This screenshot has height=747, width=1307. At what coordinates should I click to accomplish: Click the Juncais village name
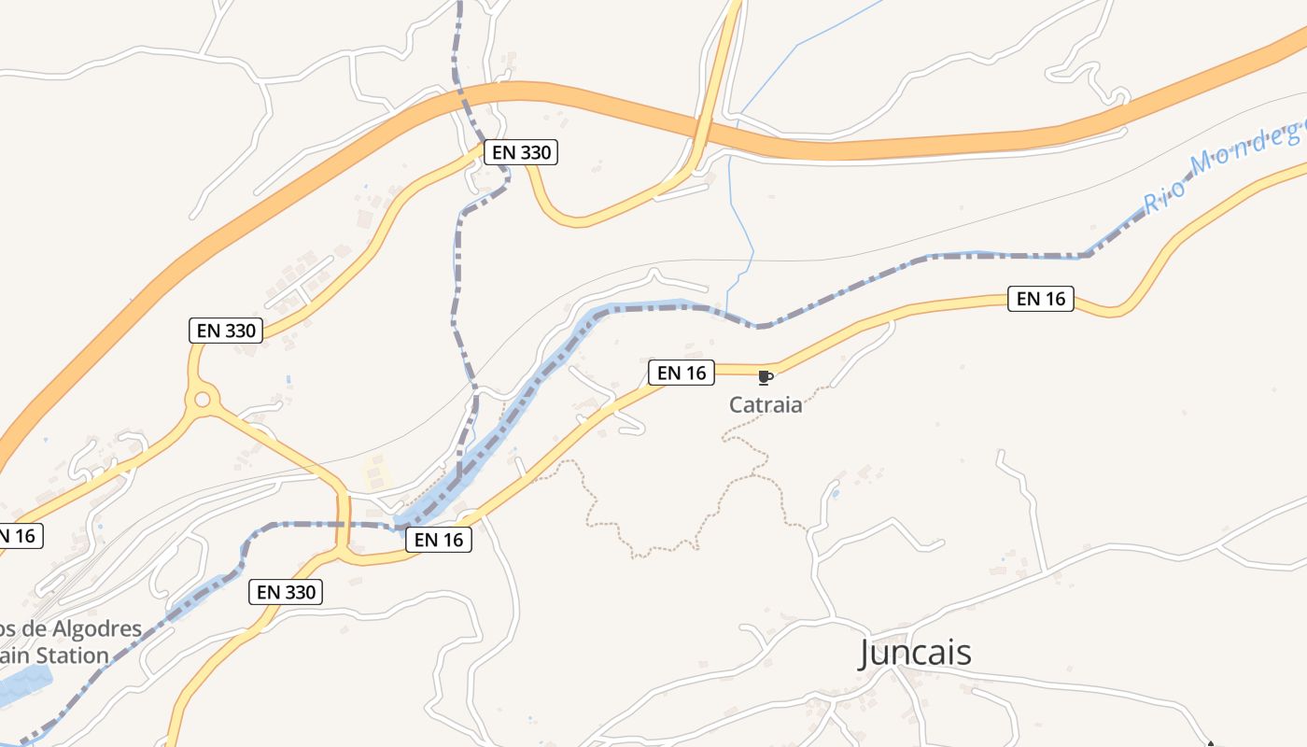(x=915, y=652)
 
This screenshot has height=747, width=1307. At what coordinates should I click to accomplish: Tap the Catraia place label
(x=766, y=405)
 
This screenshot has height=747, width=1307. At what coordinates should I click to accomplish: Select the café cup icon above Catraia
(x=765, y=377)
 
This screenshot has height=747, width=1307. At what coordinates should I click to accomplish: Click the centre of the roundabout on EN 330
(x=201, y=401)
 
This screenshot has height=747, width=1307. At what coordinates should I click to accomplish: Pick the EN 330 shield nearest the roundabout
(x=226, y=330)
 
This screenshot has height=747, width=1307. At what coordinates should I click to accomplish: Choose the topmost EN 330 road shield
(x=520, y=152)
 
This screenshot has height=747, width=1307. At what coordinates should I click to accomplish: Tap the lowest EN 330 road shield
(x=286, y=591)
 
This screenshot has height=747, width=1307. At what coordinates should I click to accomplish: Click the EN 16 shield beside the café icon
(x=682, y=373)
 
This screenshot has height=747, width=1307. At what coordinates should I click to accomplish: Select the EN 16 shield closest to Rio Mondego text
(x=1041, y=299)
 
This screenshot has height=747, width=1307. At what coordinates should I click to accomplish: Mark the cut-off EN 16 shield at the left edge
(x=19, y=536)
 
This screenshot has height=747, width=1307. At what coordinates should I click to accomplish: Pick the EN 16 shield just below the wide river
(x=439, y=539)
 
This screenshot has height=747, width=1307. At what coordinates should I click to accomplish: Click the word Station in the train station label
(x=70, y=655)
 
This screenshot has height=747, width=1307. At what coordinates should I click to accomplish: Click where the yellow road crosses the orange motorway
(x=702, y=129)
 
